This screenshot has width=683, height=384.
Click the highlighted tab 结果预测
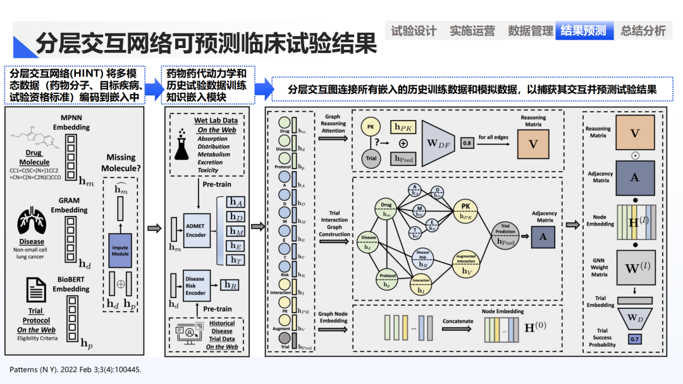tap(585, 30)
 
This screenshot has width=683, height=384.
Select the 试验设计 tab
tap(414, 30)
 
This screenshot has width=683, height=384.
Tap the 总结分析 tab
tap(643, 30)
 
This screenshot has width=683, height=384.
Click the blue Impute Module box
tap(120, 248)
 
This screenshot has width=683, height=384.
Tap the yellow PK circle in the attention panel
tap(370, 128)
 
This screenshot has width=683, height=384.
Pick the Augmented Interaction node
tap(466, 265)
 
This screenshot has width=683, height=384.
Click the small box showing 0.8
tap(467, 144)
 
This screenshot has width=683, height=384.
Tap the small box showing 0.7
tap(634, 340)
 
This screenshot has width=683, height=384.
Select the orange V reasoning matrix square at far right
tap(634, 133)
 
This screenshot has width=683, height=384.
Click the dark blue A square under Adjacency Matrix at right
tap(634, 177)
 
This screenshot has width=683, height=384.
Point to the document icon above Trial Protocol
tap(35, 290)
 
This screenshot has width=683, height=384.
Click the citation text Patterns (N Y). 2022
tap(75, 369)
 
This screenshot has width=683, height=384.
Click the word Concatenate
tap(457, 321)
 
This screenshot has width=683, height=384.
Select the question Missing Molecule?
tap(121, 162)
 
